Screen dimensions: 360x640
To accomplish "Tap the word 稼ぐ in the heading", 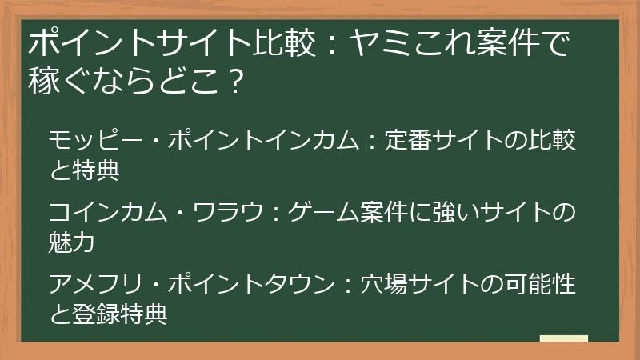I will (58, 79).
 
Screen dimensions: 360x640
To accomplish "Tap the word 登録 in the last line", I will (97, 312).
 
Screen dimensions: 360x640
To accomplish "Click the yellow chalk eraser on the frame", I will (565, 338).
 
